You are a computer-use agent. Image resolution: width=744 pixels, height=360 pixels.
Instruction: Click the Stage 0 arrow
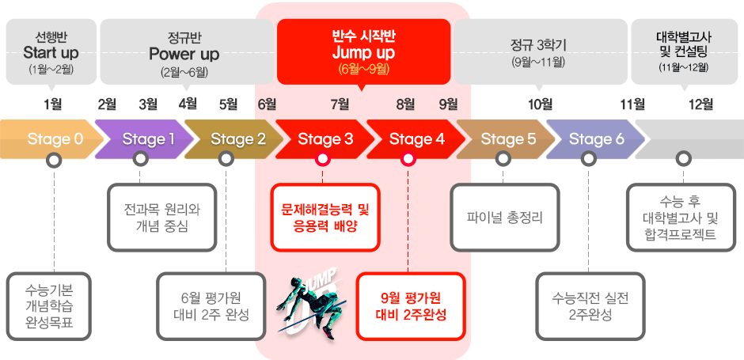[51, 139]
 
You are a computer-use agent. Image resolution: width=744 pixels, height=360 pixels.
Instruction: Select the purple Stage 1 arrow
[145, 139]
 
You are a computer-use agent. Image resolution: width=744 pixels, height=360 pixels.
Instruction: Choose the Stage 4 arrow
[416, 139]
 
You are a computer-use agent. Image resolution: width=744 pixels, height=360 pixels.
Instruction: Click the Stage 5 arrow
[506, 139]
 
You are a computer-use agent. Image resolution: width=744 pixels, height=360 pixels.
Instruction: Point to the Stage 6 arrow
[596, 139]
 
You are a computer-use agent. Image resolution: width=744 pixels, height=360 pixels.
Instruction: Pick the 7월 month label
[340, 104]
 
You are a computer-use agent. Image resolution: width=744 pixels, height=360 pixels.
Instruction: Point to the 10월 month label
[541, 104]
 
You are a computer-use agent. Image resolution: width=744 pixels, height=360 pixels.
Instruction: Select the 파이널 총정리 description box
[505, 218]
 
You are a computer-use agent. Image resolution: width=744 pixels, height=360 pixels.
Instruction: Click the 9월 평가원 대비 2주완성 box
[411, 306]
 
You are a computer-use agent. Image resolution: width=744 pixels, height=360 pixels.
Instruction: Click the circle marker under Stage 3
[323, 159]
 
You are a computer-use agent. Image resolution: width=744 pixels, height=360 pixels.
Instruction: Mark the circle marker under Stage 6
[588, 159]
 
